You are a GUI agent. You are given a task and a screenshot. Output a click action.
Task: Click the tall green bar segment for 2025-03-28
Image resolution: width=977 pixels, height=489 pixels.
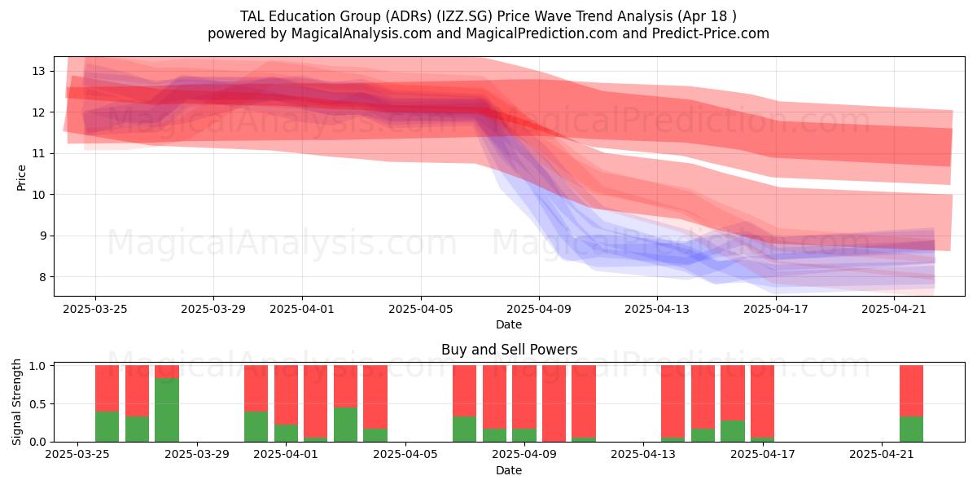click(167, 410)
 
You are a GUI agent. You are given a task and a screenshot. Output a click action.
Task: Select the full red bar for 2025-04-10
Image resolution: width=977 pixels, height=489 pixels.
click(554, 403)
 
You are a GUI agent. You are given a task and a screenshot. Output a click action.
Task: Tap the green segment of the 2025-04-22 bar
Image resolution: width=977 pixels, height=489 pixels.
click(912, 430)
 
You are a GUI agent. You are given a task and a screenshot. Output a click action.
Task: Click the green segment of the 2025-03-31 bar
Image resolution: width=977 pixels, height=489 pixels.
click(256, 426)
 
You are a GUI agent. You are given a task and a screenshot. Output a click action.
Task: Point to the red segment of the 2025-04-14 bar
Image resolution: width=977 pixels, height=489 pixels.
click(673, 402)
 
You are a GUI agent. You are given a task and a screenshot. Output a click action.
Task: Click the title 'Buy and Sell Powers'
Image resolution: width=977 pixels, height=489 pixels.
click(509, 350)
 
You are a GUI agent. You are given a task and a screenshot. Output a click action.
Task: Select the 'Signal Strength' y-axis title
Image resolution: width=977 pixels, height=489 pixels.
click(16, 402)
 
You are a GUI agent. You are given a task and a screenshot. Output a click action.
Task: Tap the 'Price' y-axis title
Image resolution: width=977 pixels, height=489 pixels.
click(21, 178)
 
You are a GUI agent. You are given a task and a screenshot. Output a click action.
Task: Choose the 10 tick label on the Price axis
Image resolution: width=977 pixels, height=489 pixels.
click(38, 195)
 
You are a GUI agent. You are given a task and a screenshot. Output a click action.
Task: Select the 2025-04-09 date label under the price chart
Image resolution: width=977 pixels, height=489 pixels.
click(539, 309)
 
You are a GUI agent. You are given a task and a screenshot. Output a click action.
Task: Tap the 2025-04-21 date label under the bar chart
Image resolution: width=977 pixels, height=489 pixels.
click(882, 455)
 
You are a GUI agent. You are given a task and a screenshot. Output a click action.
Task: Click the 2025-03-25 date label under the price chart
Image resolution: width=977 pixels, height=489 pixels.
click(95, 309)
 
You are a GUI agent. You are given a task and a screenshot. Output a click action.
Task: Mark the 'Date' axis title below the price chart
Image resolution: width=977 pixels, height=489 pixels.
click(509, 324)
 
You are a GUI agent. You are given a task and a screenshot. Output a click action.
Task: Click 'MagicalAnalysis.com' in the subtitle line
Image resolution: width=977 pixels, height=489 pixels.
click(361, 33)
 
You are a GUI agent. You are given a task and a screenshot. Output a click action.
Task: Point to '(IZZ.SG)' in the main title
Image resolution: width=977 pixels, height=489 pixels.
click(465, 16)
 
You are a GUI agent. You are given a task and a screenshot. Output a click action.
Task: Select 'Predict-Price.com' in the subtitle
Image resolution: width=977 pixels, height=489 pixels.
click(711, 33)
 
